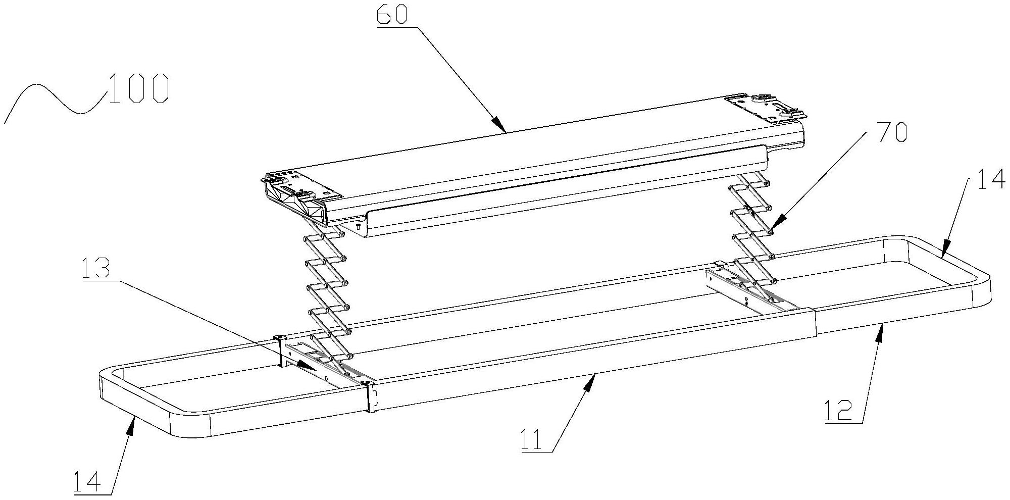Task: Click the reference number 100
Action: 137,89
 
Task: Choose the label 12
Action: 838,410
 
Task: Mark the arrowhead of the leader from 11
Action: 590,382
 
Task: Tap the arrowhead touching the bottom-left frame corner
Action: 132,424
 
